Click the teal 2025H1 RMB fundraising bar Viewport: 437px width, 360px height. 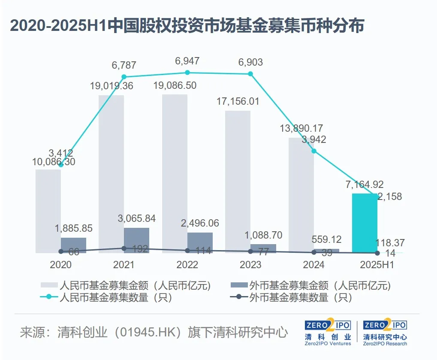365,223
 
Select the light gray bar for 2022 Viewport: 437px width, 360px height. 175,172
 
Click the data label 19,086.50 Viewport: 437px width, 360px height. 175,85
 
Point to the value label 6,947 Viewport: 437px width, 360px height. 187,61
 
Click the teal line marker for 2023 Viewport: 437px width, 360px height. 250,74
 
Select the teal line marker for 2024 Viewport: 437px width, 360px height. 314,151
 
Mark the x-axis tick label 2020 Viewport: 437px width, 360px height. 61,265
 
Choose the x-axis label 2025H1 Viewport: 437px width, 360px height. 377,265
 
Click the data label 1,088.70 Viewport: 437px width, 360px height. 263,235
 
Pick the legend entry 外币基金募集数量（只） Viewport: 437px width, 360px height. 296,297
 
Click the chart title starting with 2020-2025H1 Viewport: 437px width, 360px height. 187,26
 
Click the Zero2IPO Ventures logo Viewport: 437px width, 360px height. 328,333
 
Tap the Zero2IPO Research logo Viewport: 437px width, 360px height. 385,333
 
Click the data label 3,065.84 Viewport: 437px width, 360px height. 137,218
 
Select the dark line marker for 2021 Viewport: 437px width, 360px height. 124,248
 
